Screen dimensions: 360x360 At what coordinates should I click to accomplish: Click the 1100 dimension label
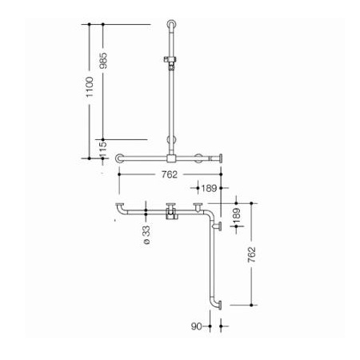click(90, 87)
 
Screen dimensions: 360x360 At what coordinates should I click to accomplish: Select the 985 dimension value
click(103, 61)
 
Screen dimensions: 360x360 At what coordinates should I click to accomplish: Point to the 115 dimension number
click(102, 150)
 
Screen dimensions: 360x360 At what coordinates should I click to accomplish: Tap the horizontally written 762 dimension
click(170, 174)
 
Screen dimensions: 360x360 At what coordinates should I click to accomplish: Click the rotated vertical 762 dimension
click(251, 254)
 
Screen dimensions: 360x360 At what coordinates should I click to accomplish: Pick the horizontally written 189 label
click(209, 188)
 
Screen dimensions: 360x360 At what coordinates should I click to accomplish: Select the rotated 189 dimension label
click(237, 216)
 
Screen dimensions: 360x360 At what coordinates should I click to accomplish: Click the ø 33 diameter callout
click(146, 234)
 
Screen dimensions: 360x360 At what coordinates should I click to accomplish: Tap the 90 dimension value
click(197, 326)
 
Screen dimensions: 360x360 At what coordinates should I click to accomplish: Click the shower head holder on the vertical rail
click(170, 62)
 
